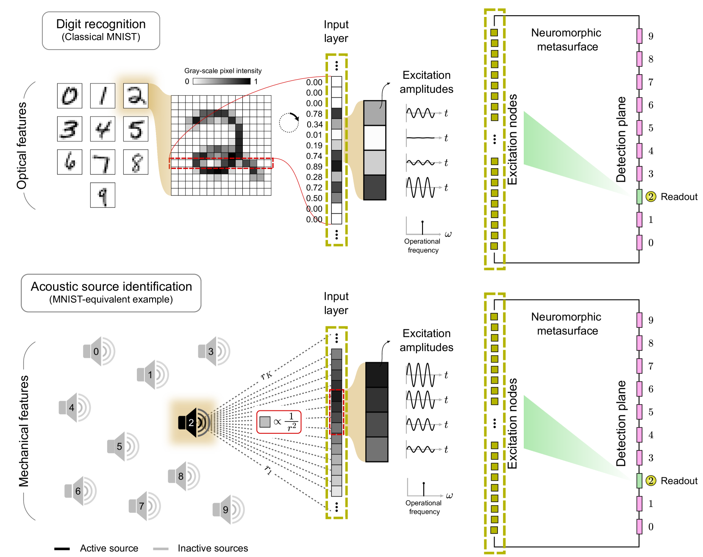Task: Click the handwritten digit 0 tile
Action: (69, 96)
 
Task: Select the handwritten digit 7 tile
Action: (103, 162)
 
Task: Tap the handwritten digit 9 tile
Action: (103, 195)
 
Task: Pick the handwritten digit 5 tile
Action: (136, 129)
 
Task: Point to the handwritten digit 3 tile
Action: (69, 129)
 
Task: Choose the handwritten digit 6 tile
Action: (69, 162)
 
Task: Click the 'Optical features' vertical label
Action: (23, 146)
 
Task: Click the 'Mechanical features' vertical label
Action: (24, 431)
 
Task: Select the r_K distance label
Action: (267, 375)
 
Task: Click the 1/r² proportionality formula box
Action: (279, 422)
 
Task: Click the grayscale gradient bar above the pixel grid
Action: (220, 81)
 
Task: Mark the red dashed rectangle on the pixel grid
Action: (221, 163)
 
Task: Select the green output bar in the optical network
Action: (639, 197)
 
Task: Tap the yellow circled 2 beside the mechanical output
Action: (650, 481)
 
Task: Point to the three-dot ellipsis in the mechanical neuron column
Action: (494, 423)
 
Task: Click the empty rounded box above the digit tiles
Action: (101, 31)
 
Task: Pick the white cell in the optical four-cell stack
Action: (375, 138)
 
